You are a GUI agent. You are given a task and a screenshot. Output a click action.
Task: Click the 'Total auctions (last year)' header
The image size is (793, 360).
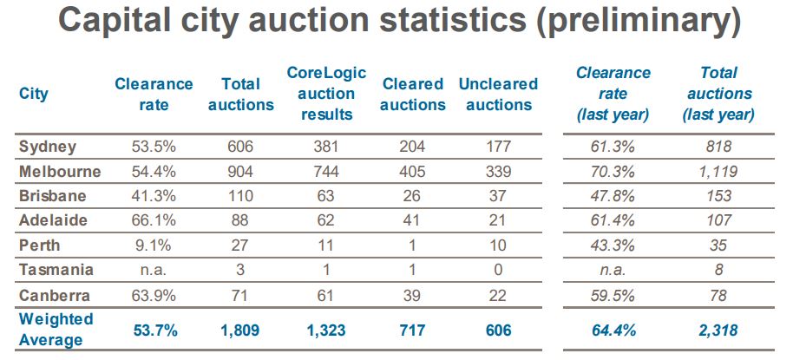tap(718, 94)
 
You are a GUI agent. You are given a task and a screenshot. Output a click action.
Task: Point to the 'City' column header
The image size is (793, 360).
tap(34, 94)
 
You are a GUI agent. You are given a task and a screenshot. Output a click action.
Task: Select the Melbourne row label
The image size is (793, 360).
tap(60, 171)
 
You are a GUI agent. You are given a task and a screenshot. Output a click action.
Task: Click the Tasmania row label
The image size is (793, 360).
tap(56, 271)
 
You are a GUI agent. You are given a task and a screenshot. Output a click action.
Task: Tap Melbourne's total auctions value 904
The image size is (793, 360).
tap(240, 171)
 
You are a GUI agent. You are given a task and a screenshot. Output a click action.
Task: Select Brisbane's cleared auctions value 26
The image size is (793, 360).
tap(413, 196)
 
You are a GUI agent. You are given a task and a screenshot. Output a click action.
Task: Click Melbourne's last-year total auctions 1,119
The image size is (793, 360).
tap(718, 171)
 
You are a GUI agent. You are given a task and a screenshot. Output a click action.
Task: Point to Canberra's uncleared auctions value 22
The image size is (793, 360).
tap(498, 296)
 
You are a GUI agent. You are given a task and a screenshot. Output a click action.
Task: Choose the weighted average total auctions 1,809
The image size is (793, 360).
tap(240, 331)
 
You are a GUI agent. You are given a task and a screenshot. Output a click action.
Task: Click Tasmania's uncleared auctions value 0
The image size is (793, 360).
tap(498, 271)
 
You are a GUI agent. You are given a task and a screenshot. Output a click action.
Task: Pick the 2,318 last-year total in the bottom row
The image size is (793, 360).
tap(718, 331)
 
